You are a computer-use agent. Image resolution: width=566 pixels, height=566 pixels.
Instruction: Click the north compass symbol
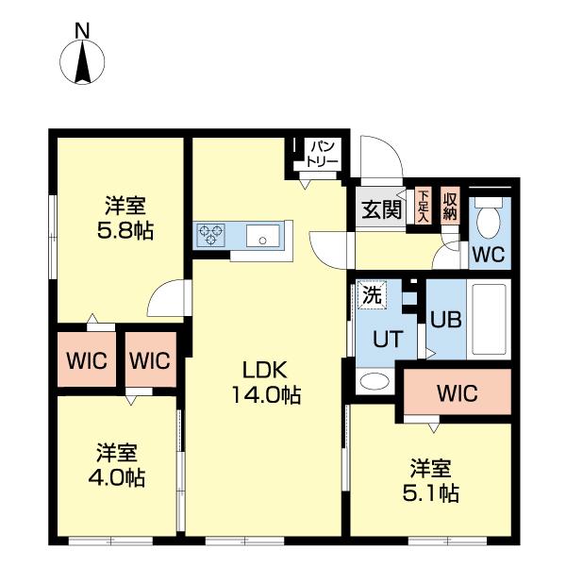click(82, 63)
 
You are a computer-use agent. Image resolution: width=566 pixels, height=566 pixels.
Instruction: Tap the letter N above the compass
click(82, 30)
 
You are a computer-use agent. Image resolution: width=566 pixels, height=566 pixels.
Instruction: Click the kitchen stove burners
click(209, 234)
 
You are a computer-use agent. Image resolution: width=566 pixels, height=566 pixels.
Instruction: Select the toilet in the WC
click(489, 221)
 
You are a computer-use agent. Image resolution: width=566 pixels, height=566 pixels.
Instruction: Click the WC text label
click(489, 254)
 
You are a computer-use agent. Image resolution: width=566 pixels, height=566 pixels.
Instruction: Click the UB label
click(444, 319)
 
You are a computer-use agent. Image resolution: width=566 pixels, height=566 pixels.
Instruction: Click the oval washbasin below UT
click(375, 382)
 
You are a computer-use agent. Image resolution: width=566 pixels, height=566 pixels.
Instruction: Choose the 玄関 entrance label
click(380, 209)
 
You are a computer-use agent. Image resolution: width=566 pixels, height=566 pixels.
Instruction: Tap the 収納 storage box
click(450, 205)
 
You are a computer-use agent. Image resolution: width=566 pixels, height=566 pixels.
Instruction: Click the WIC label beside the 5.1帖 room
click(457, 392)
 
